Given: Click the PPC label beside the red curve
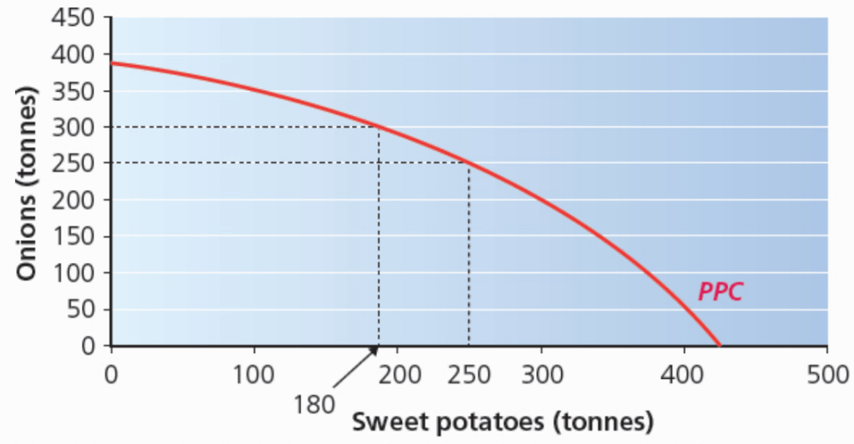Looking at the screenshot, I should pyautogui.click(x=720, y=293).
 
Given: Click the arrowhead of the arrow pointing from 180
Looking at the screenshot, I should pyautogui.click(x=375, y=349).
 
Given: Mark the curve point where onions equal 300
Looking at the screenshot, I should pyautogui.click(x=379, y=127).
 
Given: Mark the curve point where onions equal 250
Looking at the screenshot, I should pyautogui.click(x=468, y=163).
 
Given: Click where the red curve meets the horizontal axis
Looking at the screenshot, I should pyautogui.click(x=719, y=345).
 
